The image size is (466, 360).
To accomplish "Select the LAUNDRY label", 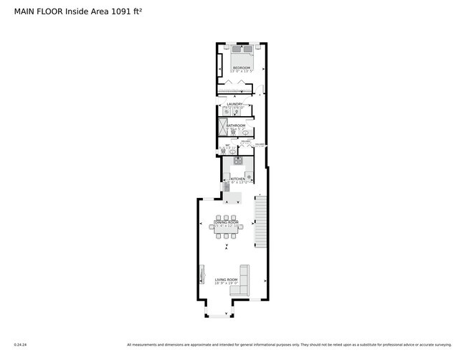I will coord(236,104).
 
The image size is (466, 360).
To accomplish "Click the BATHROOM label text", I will coord(237,125).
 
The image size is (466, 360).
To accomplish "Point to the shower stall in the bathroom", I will coord(222,127).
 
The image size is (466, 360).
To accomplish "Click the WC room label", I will coord(227,146).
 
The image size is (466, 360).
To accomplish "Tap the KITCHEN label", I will coord(237,179).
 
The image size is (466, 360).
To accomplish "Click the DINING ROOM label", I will coord(227,223).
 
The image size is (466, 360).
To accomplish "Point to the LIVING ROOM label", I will coord(227,278).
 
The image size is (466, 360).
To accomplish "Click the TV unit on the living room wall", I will coord(201,277).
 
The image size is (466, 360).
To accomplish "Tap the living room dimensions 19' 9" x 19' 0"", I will coord(227,283).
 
